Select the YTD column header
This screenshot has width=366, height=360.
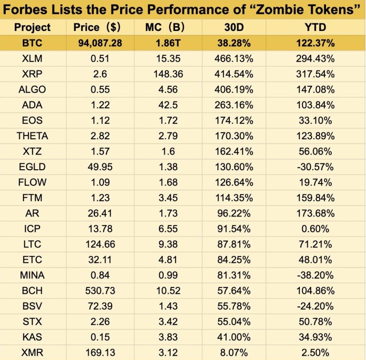(315, 27)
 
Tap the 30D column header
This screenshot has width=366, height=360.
(234, 27)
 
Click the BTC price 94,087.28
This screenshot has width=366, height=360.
(100, 43)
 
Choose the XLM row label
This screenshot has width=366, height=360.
(32, 59)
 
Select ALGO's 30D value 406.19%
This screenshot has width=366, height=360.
(234, 90)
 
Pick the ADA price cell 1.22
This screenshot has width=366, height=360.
(100, 105)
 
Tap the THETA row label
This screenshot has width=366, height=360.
(32, 136)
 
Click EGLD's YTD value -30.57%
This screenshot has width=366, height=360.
(315, 167)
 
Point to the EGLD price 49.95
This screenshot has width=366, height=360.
(100, 167)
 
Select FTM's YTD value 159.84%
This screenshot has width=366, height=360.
(315, 198)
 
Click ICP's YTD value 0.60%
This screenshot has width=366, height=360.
(315, 229)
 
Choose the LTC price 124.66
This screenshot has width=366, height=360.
(100, 244)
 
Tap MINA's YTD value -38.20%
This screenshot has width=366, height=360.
(315, 275)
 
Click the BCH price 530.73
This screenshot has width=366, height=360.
(100, 290)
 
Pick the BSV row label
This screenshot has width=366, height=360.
(32, 306)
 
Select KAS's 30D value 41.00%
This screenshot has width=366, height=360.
(234, 337)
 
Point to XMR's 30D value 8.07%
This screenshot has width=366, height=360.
(234, 352)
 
